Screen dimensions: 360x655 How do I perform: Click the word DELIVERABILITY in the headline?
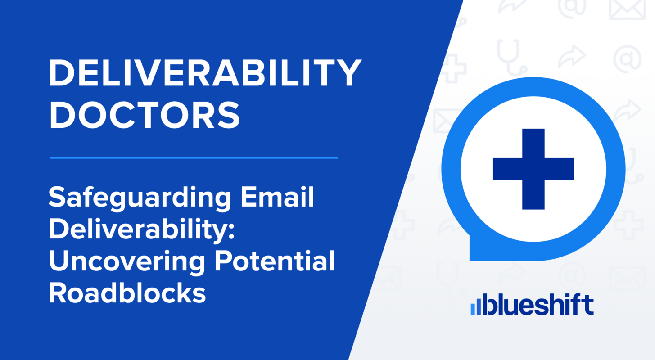coord(205,73)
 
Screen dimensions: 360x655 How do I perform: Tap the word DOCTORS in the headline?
coord(144,115)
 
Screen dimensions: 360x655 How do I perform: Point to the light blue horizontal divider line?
coord(194,158)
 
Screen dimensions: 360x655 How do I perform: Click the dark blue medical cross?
coord(533,169)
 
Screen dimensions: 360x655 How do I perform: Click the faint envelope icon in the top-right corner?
coord(627,9)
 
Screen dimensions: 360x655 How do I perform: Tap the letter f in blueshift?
coord(576,305)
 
